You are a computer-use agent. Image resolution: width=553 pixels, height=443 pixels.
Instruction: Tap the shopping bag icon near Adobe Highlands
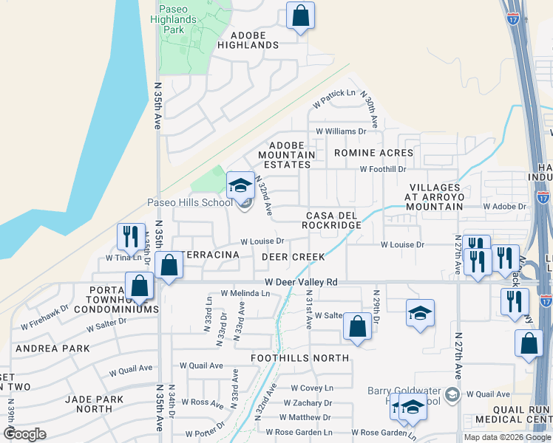tap(301, 16)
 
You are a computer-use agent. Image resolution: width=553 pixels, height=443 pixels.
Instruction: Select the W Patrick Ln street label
tap(333, 100)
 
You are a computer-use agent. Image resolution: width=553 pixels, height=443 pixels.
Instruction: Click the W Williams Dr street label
tap(341, 131)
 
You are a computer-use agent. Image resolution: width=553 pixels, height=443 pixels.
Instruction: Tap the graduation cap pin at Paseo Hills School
tap(241, 185)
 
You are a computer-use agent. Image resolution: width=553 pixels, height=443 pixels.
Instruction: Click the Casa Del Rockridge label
tap(333, 220)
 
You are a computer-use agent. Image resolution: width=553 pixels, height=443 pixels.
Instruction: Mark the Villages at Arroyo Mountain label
tap(435, 197)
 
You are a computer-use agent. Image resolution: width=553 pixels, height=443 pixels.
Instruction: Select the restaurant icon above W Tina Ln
tap(129, 236)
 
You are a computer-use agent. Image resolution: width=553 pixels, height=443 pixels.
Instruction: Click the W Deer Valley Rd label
tap(302, 282)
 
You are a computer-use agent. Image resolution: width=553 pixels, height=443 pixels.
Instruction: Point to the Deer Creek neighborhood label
tap(293, 257)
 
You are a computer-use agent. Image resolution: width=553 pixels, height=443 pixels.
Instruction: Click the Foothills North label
tap(299, 358)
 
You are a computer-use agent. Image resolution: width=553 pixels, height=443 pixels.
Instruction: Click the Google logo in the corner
tap(25, 433)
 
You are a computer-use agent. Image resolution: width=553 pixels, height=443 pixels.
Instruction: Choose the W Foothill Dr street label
tap(383, 169)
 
